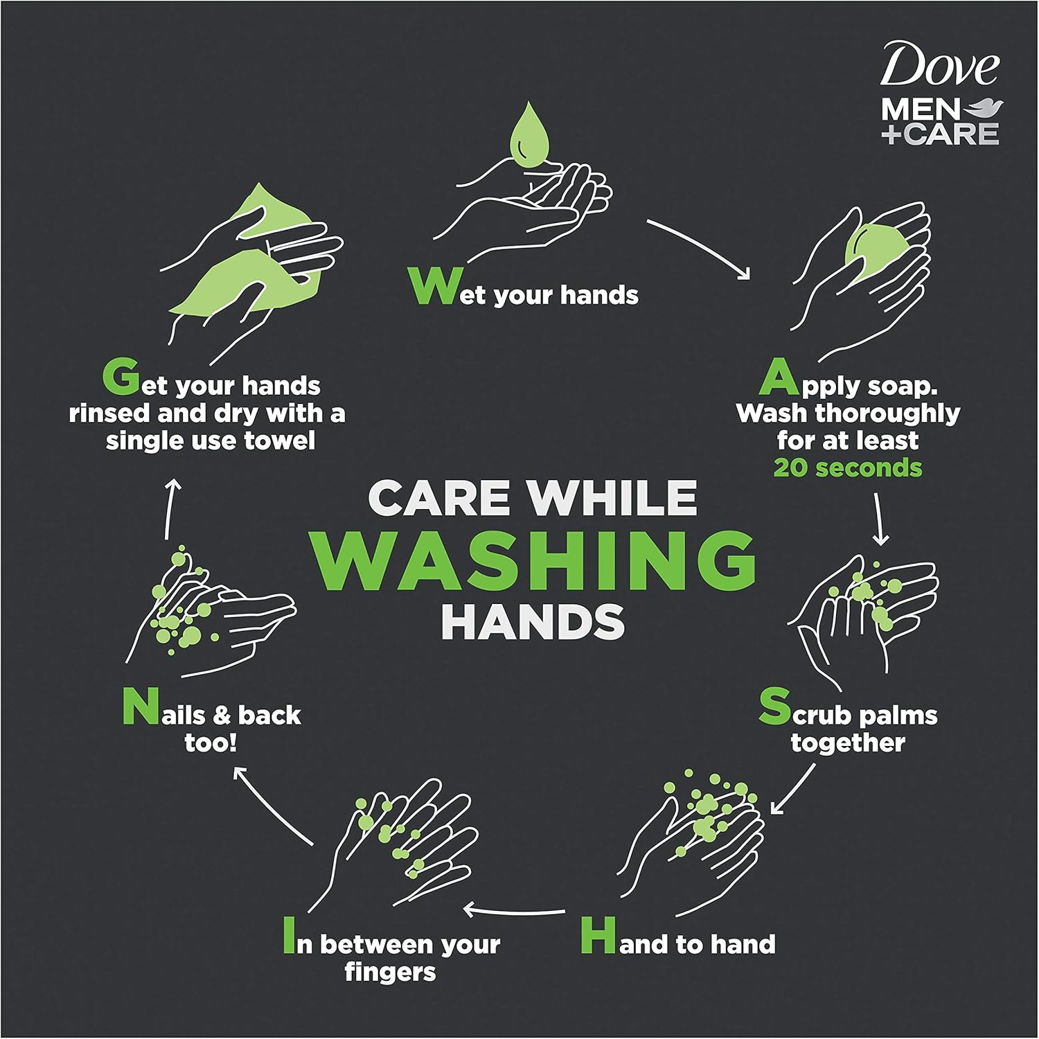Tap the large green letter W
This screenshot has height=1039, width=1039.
433,287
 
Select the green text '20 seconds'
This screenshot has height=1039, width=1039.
848,468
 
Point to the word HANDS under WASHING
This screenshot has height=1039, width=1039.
533,622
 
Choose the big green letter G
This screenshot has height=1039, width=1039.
121,378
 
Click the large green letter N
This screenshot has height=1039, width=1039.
141,707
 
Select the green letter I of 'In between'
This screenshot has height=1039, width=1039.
289,936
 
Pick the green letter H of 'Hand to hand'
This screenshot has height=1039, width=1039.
598,936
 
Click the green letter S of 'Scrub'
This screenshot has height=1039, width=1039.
774,707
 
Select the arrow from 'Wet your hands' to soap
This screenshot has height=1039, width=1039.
700,249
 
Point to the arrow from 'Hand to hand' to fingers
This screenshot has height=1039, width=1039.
514,909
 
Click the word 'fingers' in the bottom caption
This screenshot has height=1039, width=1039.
390,973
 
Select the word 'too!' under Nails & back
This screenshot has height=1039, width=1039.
211,743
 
